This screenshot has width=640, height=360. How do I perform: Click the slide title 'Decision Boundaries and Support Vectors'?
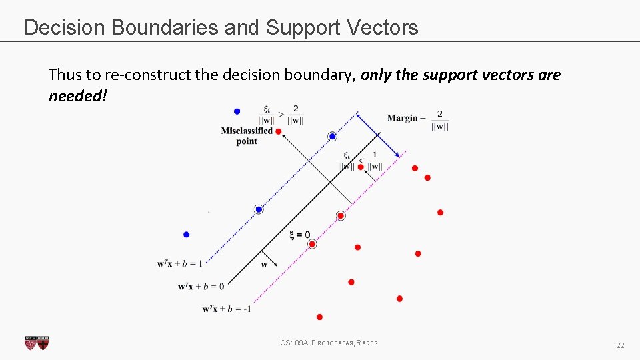click(x=221, y=27)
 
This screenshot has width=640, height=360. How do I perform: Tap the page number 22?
click(x=620, y=345)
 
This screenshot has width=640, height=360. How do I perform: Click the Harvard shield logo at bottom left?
click(x=37, y=343)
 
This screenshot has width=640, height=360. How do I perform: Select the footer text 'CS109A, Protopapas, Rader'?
click(x=329, y=343)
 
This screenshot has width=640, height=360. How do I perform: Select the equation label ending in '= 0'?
click(x=201, y=286)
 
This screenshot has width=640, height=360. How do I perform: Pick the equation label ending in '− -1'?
click(x=227, y=309)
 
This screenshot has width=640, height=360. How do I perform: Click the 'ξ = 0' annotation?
click(x=299, y=235)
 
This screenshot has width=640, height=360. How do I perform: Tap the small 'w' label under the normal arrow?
click(x=264, y=264)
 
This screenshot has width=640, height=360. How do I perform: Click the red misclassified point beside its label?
click(x=278, y=131)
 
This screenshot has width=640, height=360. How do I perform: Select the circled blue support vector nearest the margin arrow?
click(x=332, y=137)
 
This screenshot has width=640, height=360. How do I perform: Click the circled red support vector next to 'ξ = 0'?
click(x=312, y=244)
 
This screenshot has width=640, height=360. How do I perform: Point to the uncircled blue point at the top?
click(x=237, y=111)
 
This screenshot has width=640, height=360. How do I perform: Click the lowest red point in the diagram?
click(x=319, y=317)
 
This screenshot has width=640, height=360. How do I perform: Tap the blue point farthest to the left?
click(x=186, y=234)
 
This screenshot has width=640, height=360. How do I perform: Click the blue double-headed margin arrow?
click(x=377, y=134)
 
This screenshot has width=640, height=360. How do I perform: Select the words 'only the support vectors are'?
click(x=461, y=75)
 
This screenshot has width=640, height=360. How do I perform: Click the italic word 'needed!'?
click(x=77, y=96)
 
